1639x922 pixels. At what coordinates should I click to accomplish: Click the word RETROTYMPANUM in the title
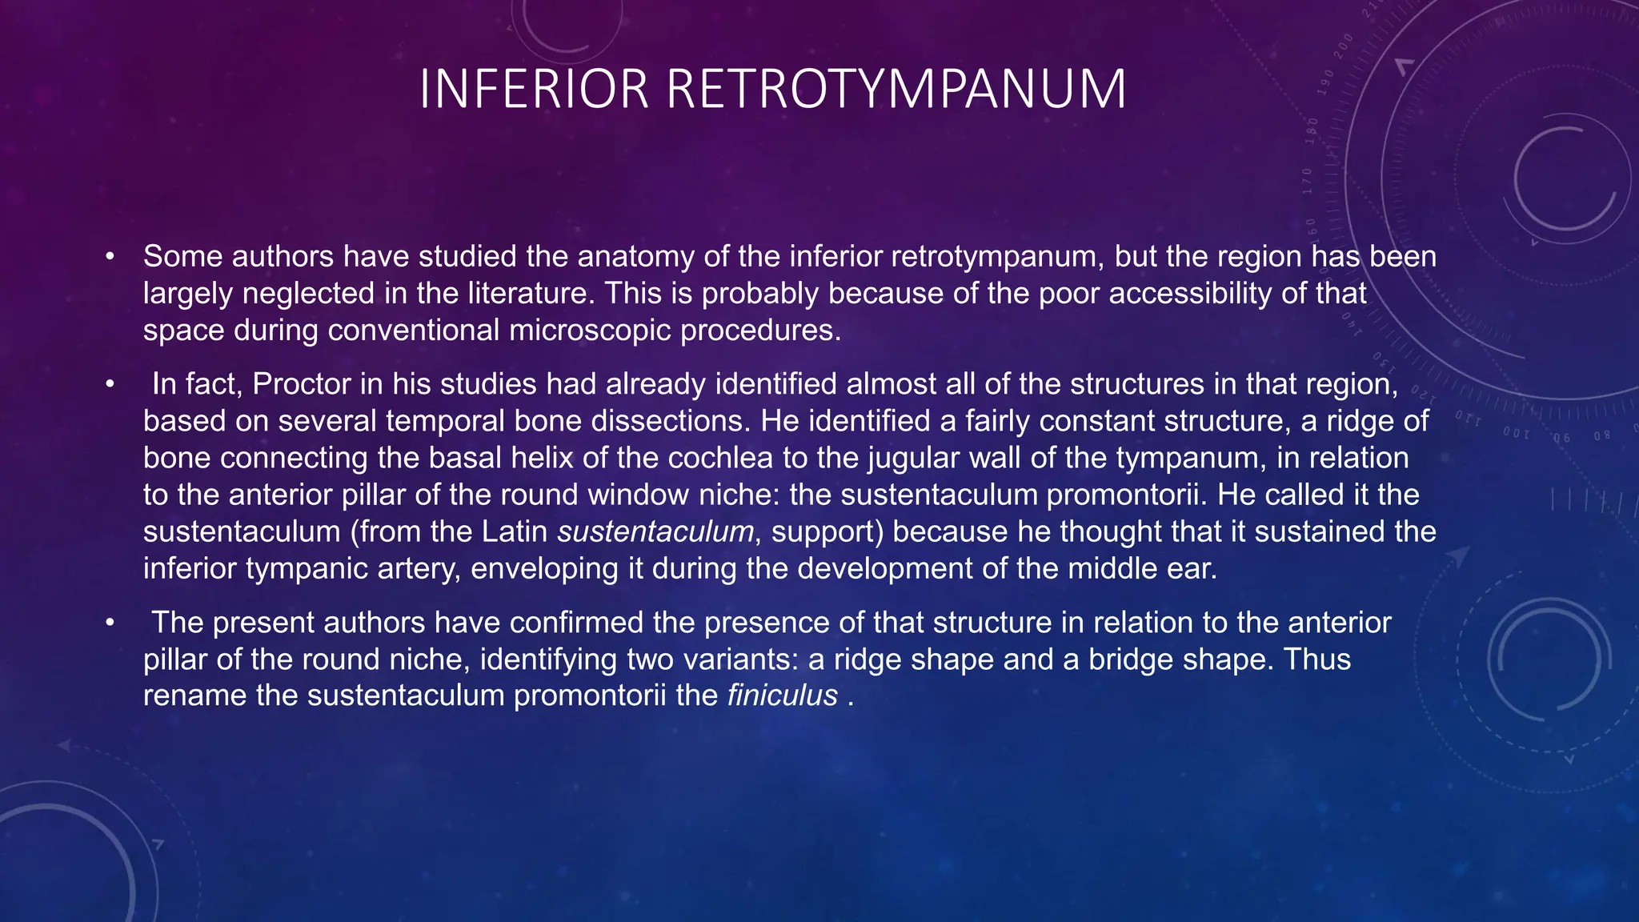tap(896, 89)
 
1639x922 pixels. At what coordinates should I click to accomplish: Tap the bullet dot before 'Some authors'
tap(110, 257)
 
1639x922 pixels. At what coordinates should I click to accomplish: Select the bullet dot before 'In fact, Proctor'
tap(110, 385)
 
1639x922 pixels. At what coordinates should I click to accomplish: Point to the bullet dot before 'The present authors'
tap(110, 623)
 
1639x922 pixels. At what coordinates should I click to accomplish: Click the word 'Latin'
tap(515, 531)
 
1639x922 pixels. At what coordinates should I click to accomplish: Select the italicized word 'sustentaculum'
tap(655, 531)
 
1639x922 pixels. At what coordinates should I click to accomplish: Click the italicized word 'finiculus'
tap(782, 696)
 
